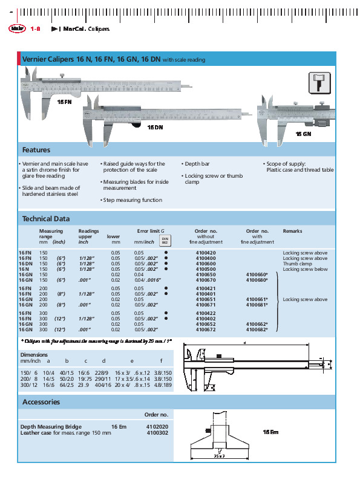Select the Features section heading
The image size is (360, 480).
point(36,150)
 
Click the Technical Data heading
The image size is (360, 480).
point(46,219)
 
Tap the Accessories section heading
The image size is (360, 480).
point(41,401)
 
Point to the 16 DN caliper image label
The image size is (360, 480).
point(154,128)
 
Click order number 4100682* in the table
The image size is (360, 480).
point(258,330)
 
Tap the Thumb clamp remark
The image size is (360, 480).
point(297,264)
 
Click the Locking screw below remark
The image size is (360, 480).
point(305,269)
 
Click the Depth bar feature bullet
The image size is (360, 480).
point(197,164)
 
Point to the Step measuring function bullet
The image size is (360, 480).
point(132,200)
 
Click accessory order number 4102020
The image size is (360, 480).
point(157,427)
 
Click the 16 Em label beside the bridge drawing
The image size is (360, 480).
point(270,432)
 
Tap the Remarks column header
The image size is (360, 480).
point(292,231)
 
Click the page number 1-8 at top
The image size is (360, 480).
point(34,28)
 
